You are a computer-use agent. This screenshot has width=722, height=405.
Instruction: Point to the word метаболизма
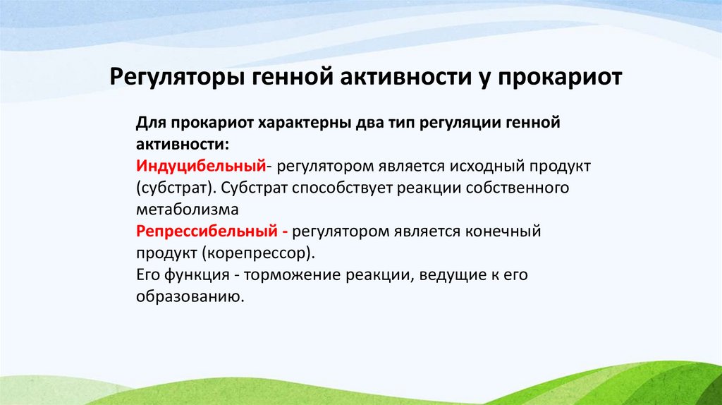click(x=188, y=210)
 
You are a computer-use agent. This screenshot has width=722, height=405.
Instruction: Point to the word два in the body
click(x=366, y=123)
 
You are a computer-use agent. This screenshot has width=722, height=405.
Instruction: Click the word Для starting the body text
click(x=149, y=123)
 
